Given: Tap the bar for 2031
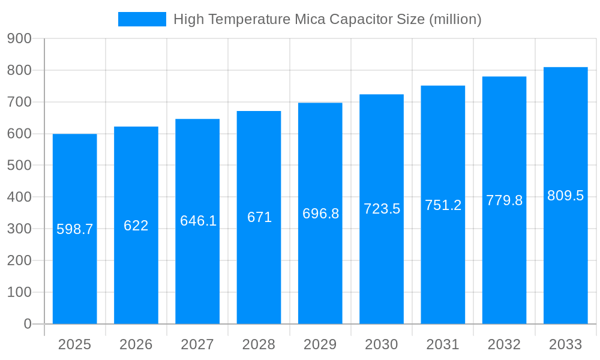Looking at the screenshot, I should tap(443, 270).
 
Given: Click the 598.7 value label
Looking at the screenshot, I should tap(75, 229).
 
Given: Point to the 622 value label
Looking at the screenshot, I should tap(136, 226).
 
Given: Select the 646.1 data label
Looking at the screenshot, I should tap(198, 221).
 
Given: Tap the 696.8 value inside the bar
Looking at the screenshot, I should tap(320, 214).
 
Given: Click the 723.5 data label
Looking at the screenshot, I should tap(382, 209).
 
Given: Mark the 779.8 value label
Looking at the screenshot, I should tap(504, 200).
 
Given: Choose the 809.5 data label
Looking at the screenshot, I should tap(565, 196).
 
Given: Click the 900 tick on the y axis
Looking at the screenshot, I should tap(19, 38).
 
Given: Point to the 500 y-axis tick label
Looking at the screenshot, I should tap(19, 165).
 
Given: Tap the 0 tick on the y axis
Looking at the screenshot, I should tap(28, 324).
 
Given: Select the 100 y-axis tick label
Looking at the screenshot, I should tap(19, 292).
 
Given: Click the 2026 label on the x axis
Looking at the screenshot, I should tap(136, 344).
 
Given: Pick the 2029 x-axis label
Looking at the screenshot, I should tap(320, 344).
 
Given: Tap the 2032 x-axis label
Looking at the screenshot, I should tap(504, 344).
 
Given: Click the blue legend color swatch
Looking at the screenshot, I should tap(142, 19).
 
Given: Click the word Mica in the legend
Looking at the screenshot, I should tap(310, 19).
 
